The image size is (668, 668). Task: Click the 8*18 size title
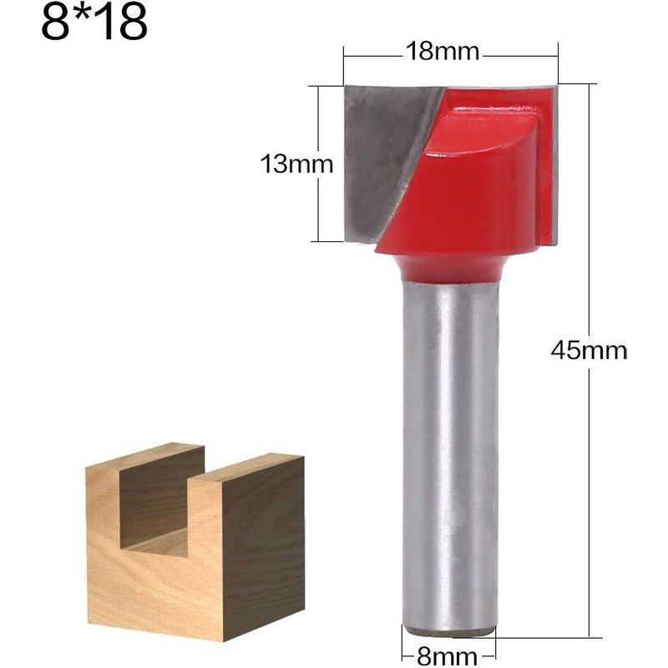point(94,25)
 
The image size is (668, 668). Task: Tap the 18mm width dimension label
point(442,53)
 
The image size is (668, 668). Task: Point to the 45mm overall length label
point(589,350)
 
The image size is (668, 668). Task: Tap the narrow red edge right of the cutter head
point(547,167)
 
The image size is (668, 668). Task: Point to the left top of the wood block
point(142,455)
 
